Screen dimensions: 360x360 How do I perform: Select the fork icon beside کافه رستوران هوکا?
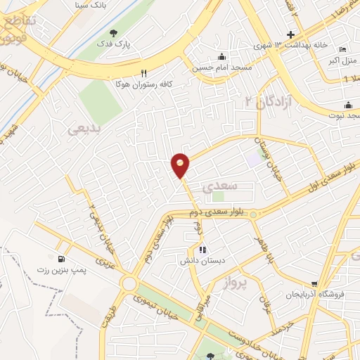coord(143,72)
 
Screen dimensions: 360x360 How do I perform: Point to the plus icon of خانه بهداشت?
coord(290,35)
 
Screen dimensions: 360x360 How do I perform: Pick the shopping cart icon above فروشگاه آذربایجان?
coord(314,284)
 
